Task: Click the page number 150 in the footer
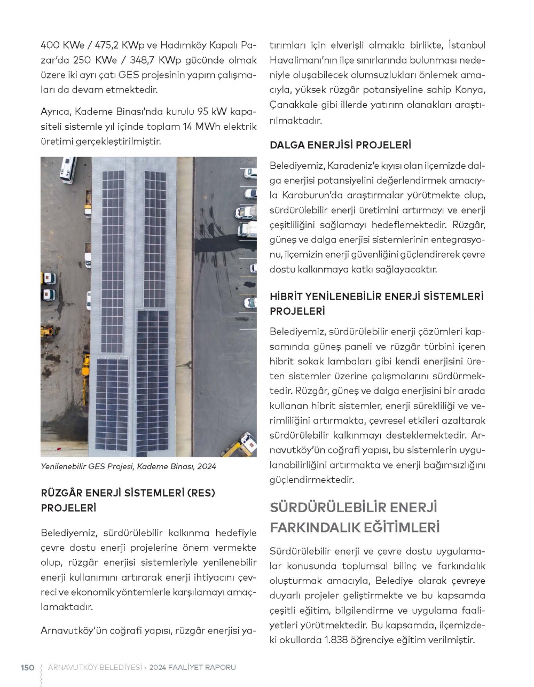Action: pyautogui.click(x=27, y=667)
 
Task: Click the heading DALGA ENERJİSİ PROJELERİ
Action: pyautogui.click(x=340, y=145)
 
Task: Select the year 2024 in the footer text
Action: pyautogui.click(x=158, y=667)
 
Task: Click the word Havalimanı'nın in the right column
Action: pyautogui.click(x=297, y=60)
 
